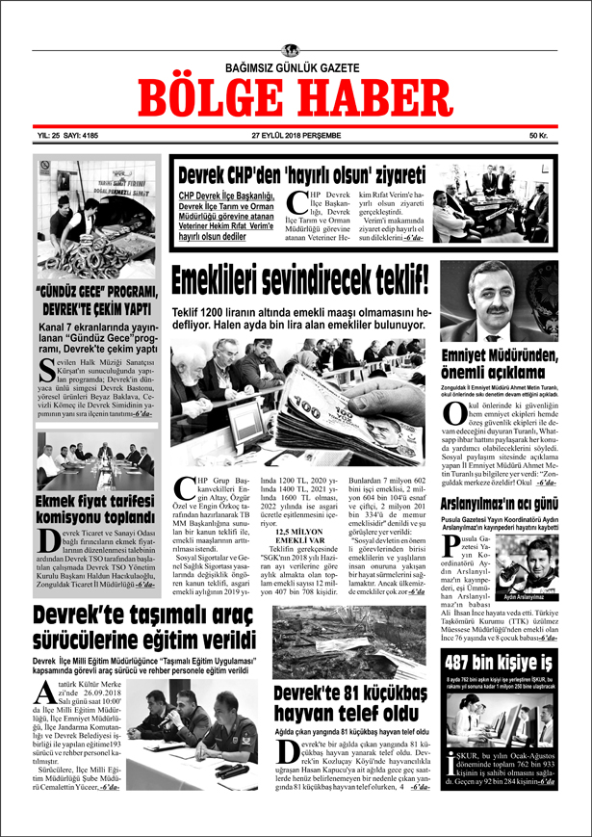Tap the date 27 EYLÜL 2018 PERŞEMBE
296,136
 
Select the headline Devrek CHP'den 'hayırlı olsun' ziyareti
301,176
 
